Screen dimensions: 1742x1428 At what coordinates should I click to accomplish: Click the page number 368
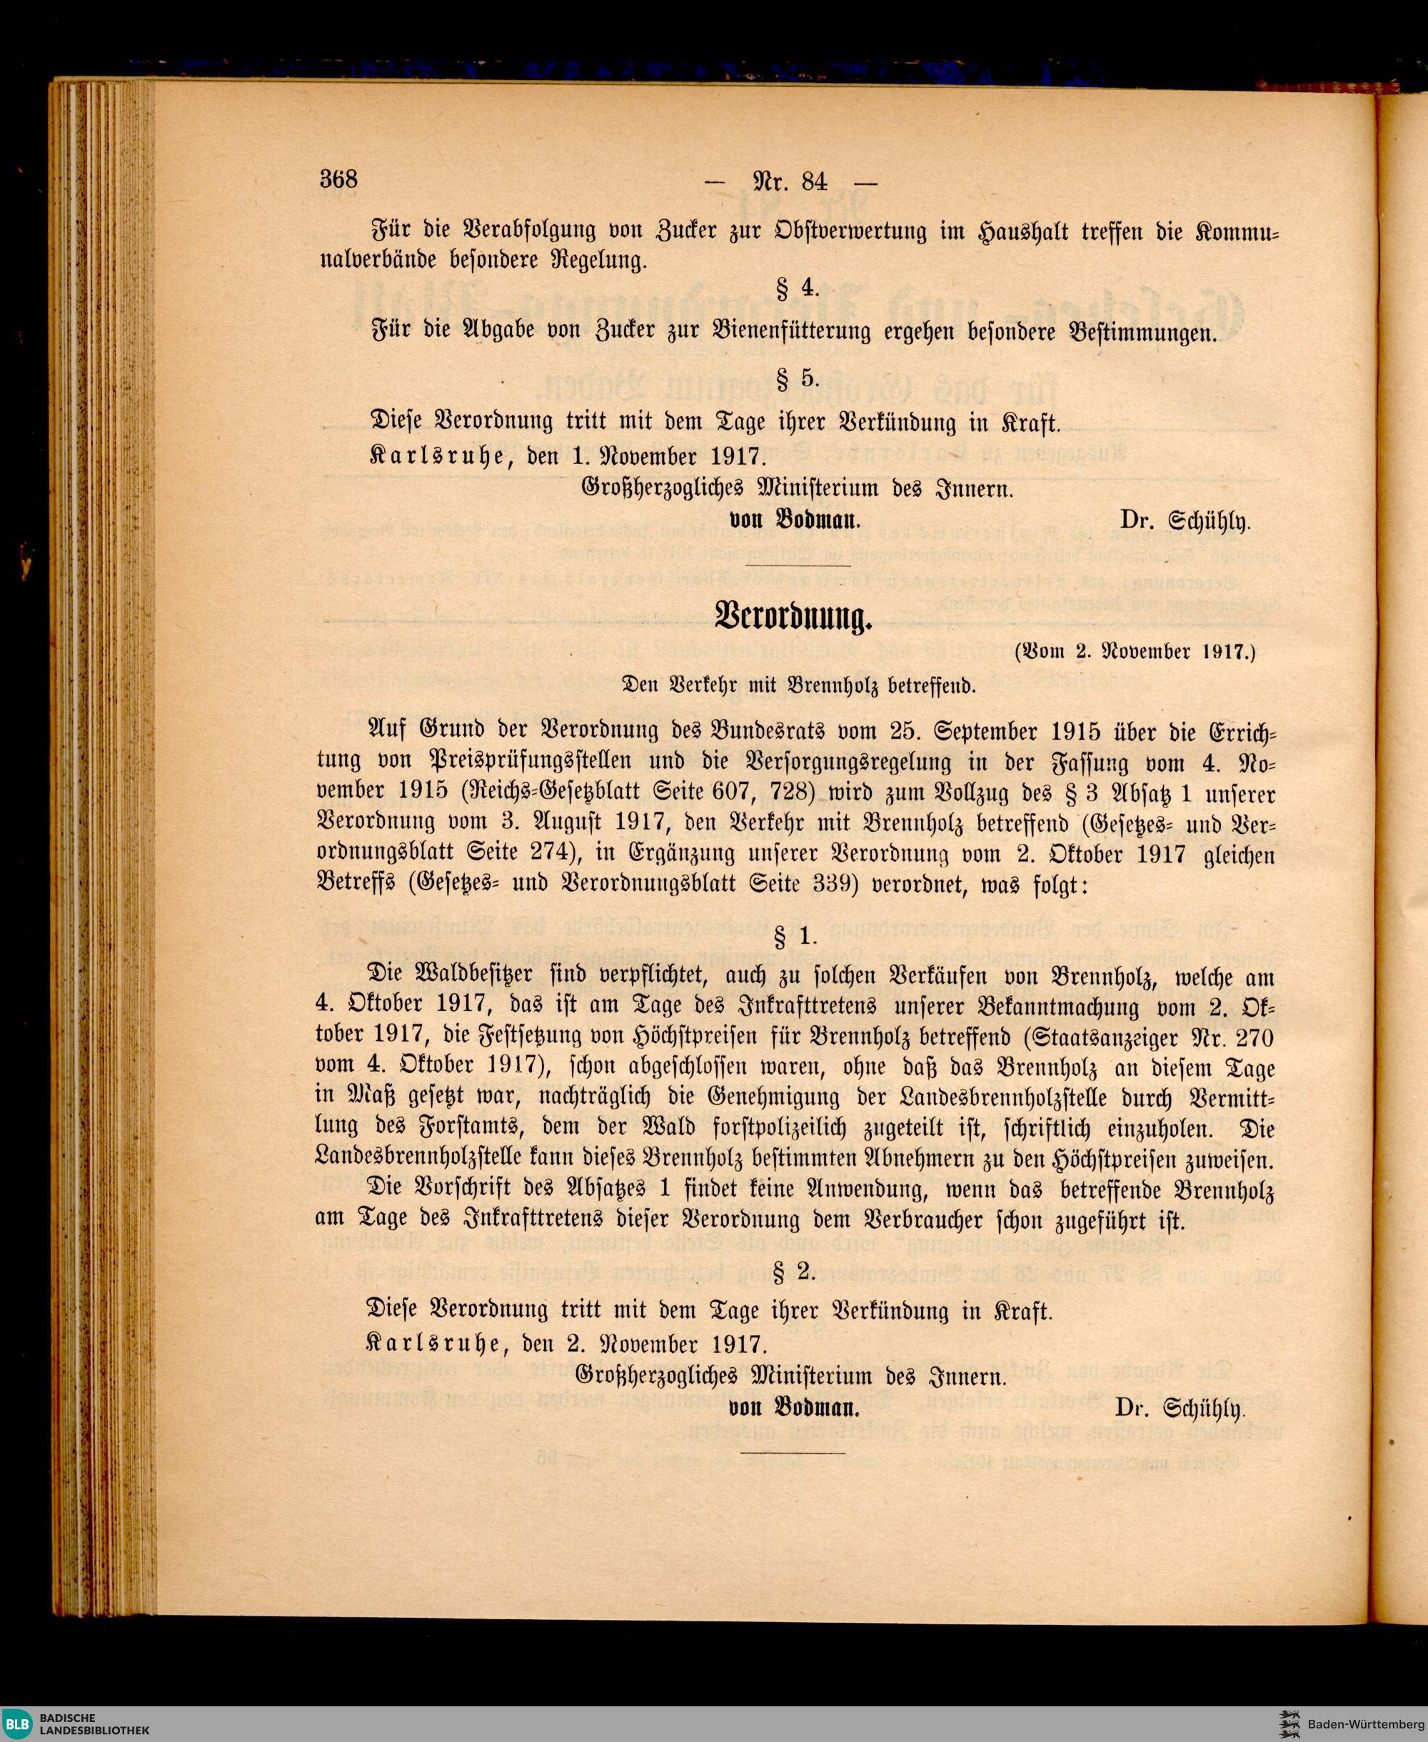point(338,178)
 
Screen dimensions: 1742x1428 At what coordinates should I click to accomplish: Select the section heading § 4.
point(797,288)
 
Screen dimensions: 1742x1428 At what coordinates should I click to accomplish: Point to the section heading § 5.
point(797,378)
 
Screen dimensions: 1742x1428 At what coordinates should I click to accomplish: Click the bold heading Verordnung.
point(794,615)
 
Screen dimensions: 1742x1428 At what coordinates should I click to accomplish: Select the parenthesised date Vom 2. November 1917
point(1135,653)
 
